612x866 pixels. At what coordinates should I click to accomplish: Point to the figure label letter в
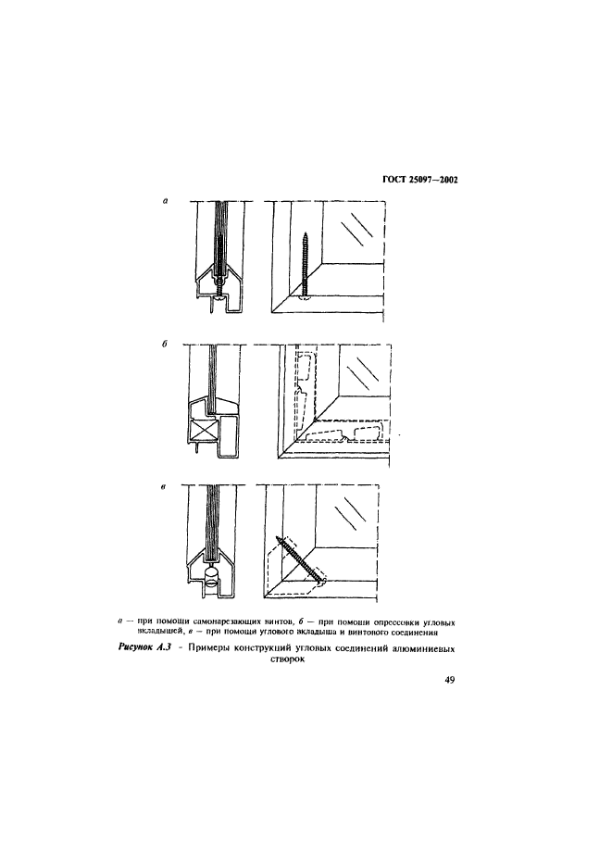[165, 484]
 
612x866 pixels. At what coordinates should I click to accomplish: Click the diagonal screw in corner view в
[299, 558]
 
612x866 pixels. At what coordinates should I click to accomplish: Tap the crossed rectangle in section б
[204, 431]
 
